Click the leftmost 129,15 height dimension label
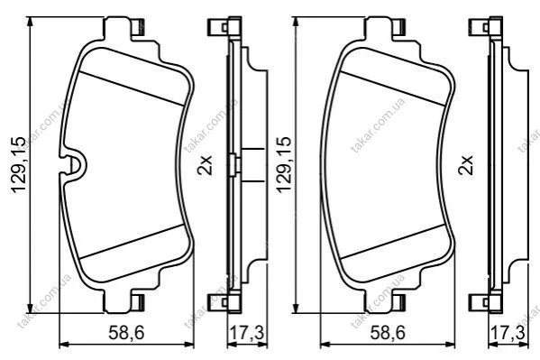(18, 165)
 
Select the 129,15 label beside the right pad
(284, 165)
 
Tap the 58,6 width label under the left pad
(126, 333)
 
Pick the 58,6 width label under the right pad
(388, 333)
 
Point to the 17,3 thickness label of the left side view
(247, 333)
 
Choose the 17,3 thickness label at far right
(508, 333)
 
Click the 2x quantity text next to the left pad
(205, 165)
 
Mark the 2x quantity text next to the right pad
(465, 165)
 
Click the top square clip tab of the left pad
(138, 27)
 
